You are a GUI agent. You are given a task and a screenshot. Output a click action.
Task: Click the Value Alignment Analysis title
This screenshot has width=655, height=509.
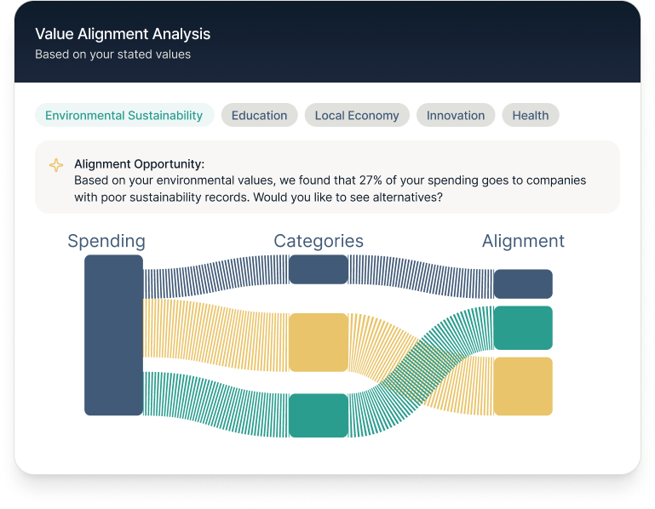click(x=123, y=34)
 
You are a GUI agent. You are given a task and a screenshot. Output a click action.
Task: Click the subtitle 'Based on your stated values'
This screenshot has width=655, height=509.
click(x=112, y=54)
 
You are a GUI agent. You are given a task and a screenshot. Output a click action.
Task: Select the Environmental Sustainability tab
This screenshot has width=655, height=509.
click(x=124, y=116)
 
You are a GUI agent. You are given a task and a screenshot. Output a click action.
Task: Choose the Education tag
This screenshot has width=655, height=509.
click(x=259, y=116)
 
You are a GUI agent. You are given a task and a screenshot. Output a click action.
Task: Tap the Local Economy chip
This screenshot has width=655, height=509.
click(x=357, y=116)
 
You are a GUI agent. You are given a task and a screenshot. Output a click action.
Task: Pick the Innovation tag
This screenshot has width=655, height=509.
click(x=456, y=116)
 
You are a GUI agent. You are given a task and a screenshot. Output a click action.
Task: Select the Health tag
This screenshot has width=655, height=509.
click(x=530, y=116)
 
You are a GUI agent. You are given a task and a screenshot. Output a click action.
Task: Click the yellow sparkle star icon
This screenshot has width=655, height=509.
click(x=56, y=165)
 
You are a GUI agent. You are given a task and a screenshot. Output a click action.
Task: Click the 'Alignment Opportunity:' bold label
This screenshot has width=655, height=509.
click(x=139, y=164)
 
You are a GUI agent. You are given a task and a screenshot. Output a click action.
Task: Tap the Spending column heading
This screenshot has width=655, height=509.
click(x=106, y=241)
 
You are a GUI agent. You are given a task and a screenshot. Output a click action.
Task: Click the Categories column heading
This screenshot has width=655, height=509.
click(x=319, y=241)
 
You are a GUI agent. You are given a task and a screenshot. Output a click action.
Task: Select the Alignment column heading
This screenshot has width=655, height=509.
click(x=523, y=241)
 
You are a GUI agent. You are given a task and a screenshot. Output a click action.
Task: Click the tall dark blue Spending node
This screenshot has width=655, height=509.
click(x=113, y=335)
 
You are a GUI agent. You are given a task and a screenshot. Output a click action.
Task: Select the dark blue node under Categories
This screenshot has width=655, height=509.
click(x=319, y=269)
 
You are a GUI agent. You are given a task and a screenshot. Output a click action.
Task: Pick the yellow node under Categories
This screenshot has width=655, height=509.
click(x=319, y=342)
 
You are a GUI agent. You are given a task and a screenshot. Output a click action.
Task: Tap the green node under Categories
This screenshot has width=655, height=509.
click(x=319, y=415)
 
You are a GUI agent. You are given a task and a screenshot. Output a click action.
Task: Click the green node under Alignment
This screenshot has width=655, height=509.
click(x=523, y=328)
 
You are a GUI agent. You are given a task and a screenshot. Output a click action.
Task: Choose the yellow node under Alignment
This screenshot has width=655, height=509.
click(x=523, y=386)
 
